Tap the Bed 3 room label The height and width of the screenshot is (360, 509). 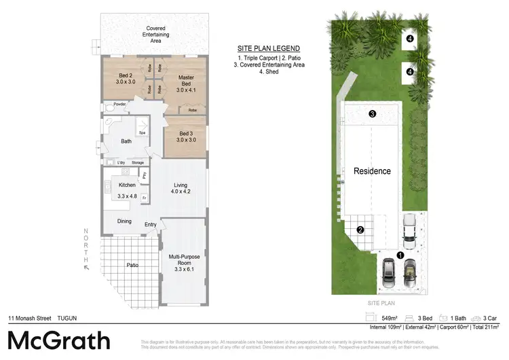point(183,136)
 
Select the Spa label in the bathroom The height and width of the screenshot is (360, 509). point(143,132)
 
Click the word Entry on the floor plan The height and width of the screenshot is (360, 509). point(151,225)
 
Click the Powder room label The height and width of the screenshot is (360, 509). point(119,104)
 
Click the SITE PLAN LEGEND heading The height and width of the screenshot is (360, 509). point(268,48)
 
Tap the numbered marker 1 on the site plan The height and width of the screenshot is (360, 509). point(400,255)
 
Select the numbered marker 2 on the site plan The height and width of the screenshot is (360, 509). point(360,230)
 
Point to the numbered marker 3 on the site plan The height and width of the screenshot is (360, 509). point(372,114)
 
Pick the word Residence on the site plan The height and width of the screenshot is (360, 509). point(372,171)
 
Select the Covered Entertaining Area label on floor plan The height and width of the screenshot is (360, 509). point(155,35)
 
